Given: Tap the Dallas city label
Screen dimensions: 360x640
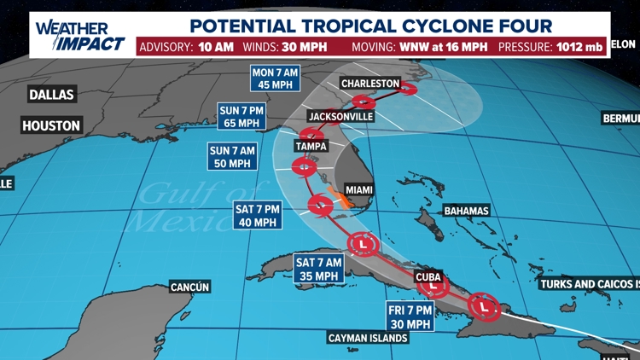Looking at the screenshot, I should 51,95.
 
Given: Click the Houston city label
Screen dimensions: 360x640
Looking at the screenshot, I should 51,126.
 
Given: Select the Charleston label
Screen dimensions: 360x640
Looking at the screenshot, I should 369,84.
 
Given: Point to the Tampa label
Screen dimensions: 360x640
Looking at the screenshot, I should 311,146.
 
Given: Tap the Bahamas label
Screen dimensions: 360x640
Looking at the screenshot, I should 466,211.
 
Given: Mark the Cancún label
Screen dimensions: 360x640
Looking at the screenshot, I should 189,287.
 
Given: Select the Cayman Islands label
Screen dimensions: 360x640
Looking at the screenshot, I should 367,338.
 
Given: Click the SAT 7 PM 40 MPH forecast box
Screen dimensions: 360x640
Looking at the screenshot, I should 258,215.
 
